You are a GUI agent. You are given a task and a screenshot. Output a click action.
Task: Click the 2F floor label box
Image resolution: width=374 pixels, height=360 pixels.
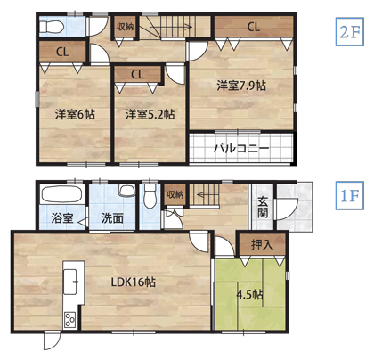tap(350, 32)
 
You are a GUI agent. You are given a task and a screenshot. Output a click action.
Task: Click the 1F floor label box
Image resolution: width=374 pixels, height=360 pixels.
tap(350, 196)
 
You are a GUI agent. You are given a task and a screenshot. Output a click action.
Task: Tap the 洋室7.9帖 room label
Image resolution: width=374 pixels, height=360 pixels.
tap(241, 86)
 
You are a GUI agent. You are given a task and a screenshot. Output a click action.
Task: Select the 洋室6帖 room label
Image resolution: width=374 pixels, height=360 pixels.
tap(75, 114)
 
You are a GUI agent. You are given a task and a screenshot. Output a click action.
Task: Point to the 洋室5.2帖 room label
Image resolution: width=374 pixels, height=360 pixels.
tap(150, 114)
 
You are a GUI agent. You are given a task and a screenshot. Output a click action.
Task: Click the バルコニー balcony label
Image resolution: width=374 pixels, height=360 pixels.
tap(241, 148)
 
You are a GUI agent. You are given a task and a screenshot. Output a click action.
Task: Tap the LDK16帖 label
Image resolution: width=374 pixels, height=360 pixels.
tap(134, 282)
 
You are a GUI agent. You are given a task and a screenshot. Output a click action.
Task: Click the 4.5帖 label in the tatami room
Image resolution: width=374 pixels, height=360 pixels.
tap(249, 295)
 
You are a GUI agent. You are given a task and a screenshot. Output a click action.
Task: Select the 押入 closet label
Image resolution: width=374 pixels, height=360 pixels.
tap(262, 244)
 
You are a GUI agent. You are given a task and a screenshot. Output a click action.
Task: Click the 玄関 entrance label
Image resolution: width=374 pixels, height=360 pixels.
tap(263, 208)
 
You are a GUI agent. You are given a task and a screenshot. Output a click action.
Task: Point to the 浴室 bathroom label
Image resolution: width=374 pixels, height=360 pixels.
tap(62, 218)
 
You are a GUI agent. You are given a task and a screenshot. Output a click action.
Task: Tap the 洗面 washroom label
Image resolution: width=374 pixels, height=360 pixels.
tap(112, 218)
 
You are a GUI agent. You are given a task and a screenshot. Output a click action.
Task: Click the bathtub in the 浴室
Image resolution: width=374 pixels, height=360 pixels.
tap(61, 193)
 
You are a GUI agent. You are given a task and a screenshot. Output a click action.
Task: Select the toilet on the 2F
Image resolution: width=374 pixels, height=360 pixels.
tap(52, 27)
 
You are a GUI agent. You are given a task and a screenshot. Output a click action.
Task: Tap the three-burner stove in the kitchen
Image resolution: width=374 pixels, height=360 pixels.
tap(69, 319)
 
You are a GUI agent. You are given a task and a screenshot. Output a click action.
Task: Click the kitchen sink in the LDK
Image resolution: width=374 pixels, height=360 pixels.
tap(70, 282)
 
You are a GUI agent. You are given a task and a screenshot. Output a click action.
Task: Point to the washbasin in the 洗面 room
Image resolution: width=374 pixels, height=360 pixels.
tap(126, 191)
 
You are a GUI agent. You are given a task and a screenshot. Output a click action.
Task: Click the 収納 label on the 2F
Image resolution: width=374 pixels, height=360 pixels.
tap(125, 27)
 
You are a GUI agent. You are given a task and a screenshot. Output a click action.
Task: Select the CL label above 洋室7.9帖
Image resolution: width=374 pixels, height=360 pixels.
tap(254, 27)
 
